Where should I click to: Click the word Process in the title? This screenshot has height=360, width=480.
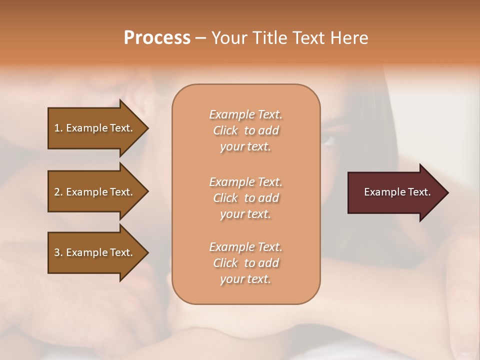[157, 38]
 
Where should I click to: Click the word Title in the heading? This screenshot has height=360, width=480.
[269, 38]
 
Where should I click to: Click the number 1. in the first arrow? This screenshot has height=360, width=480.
[58, 128]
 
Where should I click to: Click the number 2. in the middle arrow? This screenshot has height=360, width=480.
[58, 192]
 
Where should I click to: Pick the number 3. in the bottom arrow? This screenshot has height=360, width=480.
[58, 252]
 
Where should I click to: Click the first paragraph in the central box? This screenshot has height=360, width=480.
[245, 130]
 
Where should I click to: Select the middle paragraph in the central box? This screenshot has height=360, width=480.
[245, 198]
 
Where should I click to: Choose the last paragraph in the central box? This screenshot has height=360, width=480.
[245, 263]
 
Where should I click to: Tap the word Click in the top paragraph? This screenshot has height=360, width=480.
[225, 130]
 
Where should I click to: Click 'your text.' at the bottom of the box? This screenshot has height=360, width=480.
[245, 279]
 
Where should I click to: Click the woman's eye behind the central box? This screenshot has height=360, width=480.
[330, 142]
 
